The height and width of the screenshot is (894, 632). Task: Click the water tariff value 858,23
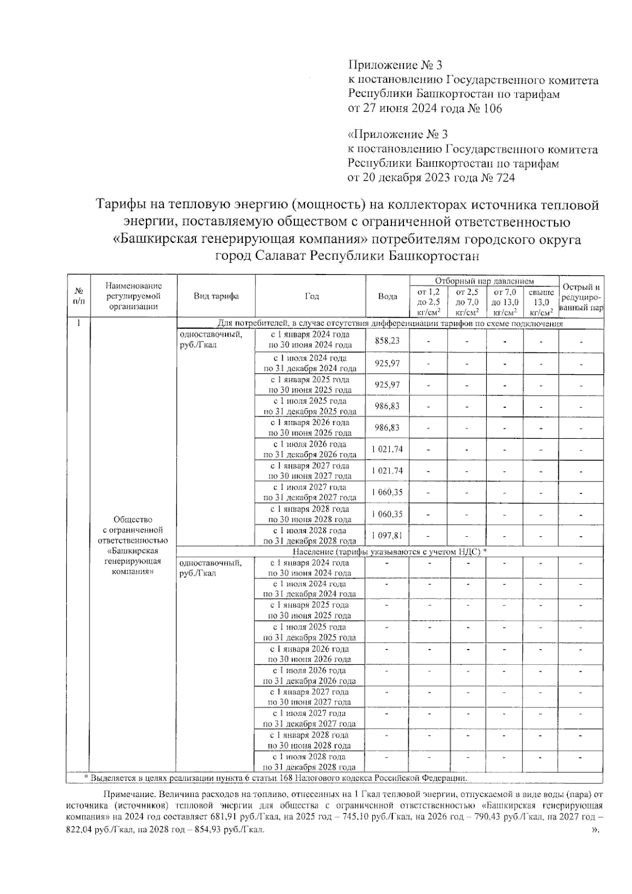coord(387,341)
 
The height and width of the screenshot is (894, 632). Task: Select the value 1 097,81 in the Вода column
coord(387,536)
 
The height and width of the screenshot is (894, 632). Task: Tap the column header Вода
coord(388,297)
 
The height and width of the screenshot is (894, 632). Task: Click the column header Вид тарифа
coord(216,296)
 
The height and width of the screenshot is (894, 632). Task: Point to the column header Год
coord(311,296)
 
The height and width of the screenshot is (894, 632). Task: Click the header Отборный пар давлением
coord(484,282)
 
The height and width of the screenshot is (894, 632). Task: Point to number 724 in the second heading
coord(503,178)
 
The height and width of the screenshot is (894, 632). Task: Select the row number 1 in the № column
coord(78,323)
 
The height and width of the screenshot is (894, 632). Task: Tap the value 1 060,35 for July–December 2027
coord(387,492)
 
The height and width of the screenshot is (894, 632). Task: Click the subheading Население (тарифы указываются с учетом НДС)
coord(389,552)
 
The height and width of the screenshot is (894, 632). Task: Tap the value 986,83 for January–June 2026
coord(387,427)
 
